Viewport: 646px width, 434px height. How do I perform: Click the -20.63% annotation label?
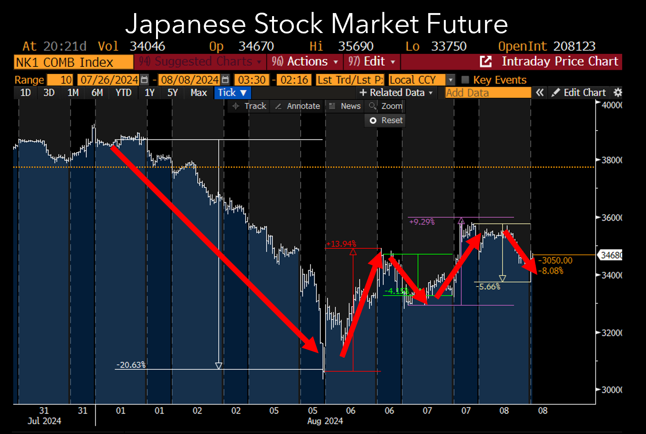131,365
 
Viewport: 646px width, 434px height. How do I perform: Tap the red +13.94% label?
341,244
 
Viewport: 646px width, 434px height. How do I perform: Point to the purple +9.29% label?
422,222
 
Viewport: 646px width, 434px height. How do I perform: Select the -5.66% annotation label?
488,287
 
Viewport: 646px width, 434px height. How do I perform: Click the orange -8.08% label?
551,271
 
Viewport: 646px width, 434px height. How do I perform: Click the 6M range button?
97,93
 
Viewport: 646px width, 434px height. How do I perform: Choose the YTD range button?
123,93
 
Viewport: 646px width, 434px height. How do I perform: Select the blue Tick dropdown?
232,93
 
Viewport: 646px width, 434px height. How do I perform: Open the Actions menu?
304,61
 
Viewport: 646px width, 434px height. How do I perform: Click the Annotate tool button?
298,106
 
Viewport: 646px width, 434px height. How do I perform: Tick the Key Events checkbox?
465,80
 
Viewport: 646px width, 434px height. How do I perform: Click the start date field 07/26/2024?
109,80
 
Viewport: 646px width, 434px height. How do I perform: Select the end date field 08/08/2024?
189,80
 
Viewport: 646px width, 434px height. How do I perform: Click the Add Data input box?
487,93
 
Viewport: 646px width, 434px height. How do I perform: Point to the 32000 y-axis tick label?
611,333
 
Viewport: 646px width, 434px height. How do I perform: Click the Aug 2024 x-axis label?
325,421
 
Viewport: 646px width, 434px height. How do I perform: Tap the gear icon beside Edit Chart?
618,93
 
